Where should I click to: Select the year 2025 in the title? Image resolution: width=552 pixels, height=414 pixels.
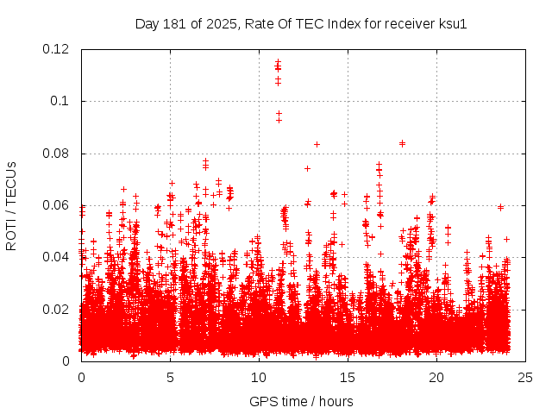tap(220, 24)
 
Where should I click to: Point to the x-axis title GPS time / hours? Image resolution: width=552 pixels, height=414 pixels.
tap(301, 401)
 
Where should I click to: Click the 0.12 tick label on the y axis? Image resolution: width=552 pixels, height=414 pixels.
tap(57, 49)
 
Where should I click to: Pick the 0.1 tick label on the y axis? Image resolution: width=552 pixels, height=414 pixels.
tap(61, 101)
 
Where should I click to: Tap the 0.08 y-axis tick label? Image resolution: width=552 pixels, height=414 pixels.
tap(57, 154)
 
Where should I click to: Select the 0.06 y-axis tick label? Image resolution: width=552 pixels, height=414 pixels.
tap(57, 205)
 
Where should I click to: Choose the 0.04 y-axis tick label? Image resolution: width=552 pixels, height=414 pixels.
tap(57, 257)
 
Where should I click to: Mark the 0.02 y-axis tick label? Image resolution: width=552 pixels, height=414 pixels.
tap(57, 309)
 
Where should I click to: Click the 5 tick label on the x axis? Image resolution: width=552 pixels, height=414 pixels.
tap(170, 377)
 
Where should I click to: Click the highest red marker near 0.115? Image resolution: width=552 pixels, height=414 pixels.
tap(278, 62)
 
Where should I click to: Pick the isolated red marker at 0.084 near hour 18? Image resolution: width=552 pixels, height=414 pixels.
tap(402, 143)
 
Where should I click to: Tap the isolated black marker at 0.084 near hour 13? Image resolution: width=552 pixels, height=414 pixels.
tap(317, 144)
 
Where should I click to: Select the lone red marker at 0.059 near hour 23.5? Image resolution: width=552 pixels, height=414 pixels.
tap(500, 207)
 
